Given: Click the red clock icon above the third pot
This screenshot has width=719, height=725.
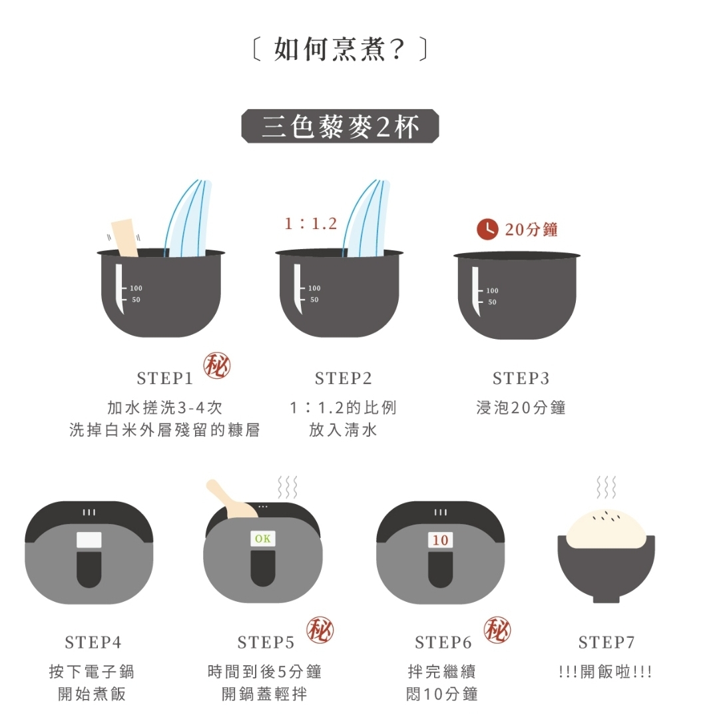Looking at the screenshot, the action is tap(487, 229).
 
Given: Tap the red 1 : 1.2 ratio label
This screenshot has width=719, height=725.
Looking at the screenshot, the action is tap(311, 224).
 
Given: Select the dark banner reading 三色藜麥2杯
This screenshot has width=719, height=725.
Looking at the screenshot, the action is tap(340, 126).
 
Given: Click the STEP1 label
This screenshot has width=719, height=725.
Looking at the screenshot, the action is tap(164, 379).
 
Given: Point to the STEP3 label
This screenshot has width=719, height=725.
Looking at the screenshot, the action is tap(521, 379).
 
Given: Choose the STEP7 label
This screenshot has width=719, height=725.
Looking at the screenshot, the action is tap(606, 642).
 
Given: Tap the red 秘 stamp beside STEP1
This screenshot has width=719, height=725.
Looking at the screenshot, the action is tap(217, 366).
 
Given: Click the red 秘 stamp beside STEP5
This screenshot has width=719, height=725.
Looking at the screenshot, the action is tap(320, 630).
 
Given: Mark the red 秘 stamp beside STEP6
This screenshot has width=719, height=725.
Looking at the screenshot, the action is tap(497, 630).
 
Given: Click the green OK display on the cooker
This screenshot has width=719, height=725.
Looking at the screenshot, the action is tap(262, 539).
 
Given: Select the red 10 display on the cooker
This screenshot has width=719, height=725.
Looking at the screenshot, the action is tap(440, 539).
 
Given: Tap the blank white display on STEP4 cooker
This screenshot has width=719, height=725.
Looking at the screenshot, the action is tap(89, 540).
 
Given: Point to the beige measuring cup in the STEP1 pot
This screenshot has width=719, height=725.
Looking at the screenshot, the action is tap(125, 238).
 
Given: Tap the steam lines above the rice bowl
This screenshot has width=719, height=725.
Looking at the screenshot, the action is tap(606, 487).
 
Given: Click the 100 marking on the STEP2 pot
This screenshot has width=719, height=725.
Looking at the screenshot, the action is tap(314, 288).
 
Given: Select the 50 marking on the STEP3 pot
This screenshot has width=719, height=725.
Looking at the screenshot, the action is tap(493, 302).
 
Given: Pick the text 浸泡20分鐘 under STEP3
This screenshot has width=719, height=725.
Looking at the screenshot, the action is tap(521, 408).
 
